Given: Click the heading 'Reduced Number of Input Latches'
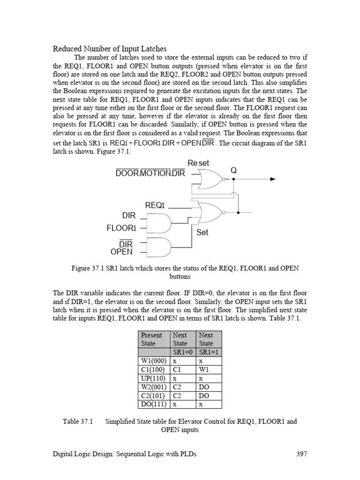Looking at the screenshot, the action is pyautogui.click(x=109, y=49).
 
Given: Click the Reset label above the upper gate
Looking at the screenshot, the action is pyautogui.click(x=198, y=163).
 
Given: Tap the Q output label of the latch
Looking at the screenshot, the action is pyautogui.click(x=233, y=171).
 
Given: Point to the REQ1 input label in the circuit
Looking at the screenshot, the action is pyautogui.click(x=155, y=205).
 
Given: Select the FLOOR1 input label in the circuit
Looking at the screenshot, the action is pyautogui.click(x=121, y=228).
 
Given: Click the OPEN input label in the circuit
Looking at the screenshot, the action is pyautogui.click(x=121, y=252).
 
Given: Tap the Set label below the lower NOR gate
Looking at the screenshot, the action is pyautogui.click(x=202, y=232).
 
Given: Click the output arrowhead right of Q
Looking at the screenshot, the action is pyautogui.click(x=273, y=179).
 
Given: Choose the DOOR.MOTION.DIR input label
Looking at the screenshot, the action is pyautogui.click(x=150, y=173).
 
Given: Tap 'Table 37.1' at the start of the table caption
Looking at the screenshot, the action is pyautogui.click(x=78, y=421).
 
